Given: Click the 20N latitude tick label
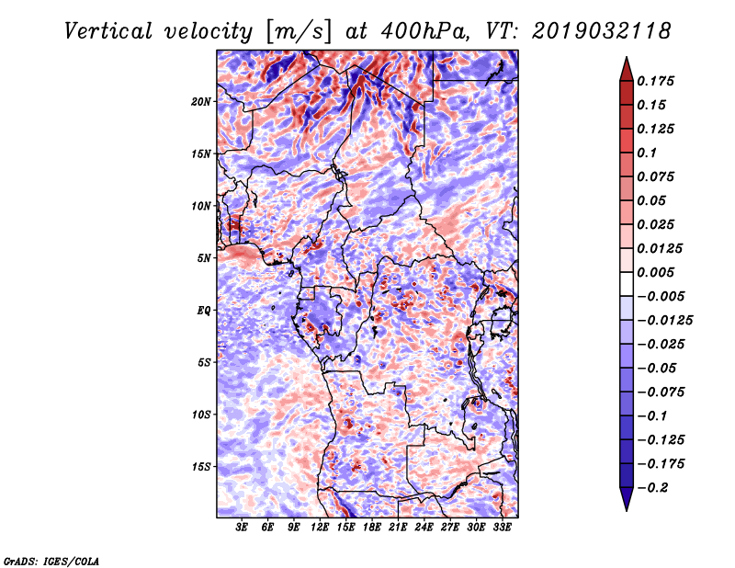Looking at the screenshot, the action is click(201, 101).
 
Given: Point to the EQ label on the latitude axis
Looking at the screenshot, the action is click(203, 310).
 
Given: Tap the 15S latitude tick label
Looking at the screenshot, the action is click(201, 467).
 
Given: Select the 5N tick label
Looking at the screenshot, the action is click(204, 258).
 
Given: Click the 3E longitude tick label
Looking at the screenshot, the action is click(242, 528).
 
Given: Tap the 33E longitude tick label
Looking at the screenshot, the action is click(502, 528).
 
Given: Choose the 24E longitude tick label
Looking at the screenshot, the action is click(424, 528).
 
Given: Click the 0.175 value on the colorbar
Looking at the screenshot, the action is click(655, 81).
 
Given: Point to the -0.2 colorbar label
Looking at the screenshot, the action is click(651, 488).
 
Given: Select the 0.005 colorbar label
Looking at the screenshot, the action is click(655, 272).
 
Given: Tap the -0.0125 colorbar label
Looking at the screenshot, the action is click(664, 321).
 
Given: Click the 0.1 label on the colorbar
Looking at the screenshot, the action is click(647, 153).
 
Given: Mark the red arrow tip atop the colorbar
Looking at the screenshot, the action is click(627, 57).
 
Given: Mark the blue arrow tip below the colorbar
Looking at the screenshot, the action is click(627, 511).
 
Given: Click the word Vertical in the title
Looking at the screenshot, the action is click(108, 31).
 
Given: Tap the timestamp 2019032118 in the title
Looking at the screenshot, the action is click(602, 31).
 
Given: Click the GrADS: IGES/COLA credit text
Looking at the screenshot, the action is click(51, 561).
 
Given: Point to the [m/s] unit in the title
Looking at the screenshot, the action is click(299, 32).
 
